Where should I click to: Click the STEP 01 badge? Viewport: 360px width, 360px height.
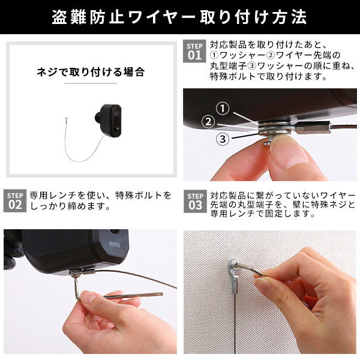(x=194, y=51)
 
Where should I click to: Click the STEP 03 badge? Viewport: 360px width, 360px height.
(x=194, y=200)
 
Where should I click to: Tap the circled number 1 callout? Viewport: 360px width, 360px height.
(x=223, y=109)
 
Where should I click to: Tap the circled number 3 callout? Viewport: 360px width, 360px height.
(x=223, y=139)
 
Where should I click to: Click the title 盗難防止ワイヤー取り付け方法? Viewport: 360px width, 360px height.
(x=179, y=17)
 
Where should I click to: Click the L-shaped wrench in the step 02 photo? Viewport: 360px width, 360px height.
(x=120, y=294)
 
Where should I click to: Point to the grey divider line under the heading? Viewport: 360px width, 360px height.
(x=90, y=84)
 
